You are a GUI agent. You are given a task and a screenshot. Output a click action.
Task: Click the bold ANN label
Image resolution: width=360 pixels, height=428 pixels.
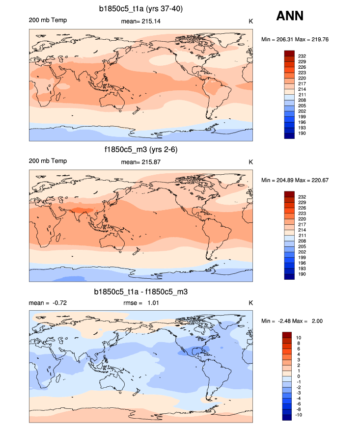[290, 16]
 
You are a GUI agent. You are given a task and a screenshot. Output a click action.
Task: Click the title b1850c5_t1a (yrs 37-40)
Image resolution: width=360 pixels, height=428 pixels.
[141, 8]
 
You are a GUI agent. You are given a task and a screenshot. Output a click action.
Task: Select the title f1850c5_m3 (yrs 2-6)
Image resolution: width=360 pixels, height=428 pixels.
[141, 150]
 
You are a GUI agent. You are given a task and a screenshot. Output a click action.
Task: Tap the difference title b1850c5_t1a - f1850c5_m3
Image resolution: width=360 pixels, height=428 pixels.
[141, 292]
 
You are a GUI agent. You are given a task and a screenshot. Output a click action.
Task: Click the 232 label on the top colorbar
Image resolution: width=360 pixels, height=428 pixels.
[302, 56]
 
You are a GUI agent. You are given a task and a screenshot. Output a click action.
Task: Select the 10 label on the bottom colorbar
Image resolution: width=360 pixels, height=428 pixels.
[299, 338]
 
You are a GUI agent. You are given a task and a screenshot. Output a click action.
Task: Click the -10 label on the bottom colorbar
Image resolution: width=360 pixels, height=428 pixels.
[300, 415]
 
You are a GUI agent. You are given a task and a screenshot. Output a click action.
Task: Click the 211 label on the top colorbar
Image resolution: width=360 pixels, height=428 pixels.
[302, 95]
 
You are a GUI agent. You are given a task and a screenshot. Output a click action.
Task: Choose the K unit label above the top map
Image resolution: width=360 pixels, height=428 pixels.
[250, 21]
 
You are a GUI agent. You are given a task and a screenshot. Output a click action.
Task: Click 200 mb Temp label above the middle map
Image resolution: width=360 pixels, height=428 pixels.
[48, 161]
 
